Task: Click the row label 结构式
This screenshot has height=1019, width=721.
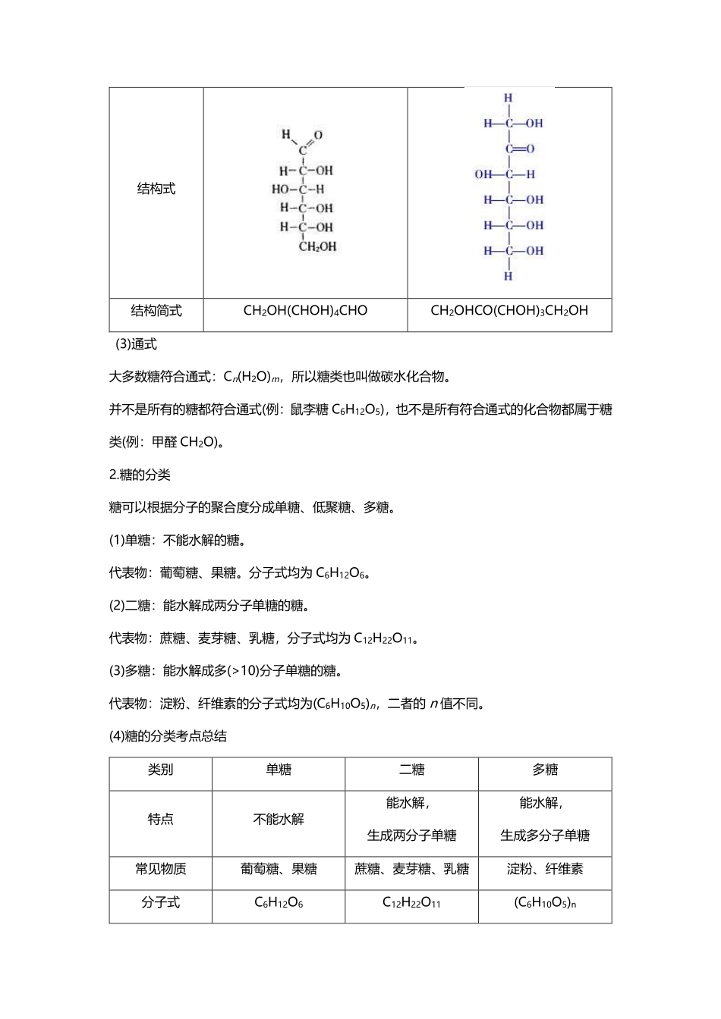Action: click(156, 190)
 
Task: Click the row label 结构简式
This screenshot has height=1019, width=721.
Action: click(156, 311)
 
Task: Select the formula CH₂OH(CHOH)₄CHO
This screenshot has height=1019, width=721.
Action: click(305, 311)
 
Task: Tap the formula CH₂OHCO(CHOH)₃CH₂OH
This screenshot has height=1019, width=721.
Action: click(509, 311)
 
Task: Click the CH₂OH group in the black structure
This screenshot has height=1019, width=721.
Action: click(317, 246)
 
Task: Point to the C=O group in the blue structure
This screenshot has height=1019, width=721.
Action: click(519, 149)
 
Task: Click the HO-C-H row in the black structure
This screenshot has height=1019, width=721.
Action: click(298, 189)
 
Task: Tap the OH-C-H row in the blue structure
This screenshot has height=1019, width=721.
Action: click(505, 174)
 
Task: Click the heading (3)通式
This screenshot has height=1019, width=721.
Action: click(136, 344)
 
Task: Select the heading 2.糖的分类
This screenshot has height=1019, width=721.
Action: click(140, 475)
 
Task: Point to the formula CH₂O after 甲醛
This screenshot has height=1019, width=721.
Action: click(198, 443)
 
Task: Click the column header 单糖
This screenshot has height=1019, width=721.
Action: click(279, 770)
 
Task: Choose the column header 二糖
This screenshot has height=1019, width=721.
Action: click(411, 770)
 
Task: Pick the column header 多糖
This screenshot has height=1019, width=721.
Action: click(545, 770)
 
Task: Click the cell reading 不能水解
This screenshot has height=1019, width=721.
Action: click(279, 820)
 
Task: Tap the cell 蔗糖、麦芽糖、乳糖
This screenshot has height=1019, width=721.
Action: click(411, 870)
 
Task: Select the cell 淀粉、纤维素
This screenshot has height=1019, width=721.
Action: click(545, 870)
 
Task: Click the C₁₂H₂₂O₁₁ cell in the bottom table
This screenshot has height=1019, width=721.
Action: click(411, 903)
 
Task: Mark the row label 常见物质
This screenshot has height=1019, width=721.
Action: click(160, 870)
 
